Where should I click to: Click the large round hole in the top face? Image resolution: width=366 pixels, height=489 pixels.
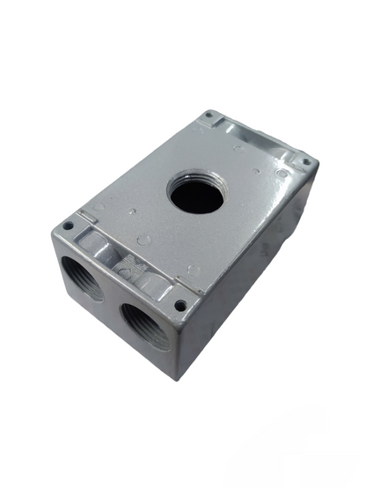pyautogui.click(x=197, y=193)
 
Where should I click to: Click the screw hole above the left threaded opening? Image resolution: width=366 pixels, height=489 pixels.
pyautogui.click(x=67, y=226)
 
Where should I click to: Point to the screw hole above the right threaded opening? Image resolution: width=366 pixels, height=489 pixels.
pyautogui.click(x=179, y=305)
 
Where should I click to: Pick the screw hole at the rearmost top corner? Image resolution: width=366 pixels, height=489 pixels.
pyautogui.click(x=209, y=115)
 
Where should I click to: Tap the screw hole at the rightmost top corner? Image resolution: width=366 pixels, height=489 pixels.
pyautogui.click(x=305, y=162)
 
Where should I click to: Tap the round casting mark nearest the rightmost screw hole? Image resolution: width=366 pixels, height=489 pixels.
pyautogui.click(x=280, y=174)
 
